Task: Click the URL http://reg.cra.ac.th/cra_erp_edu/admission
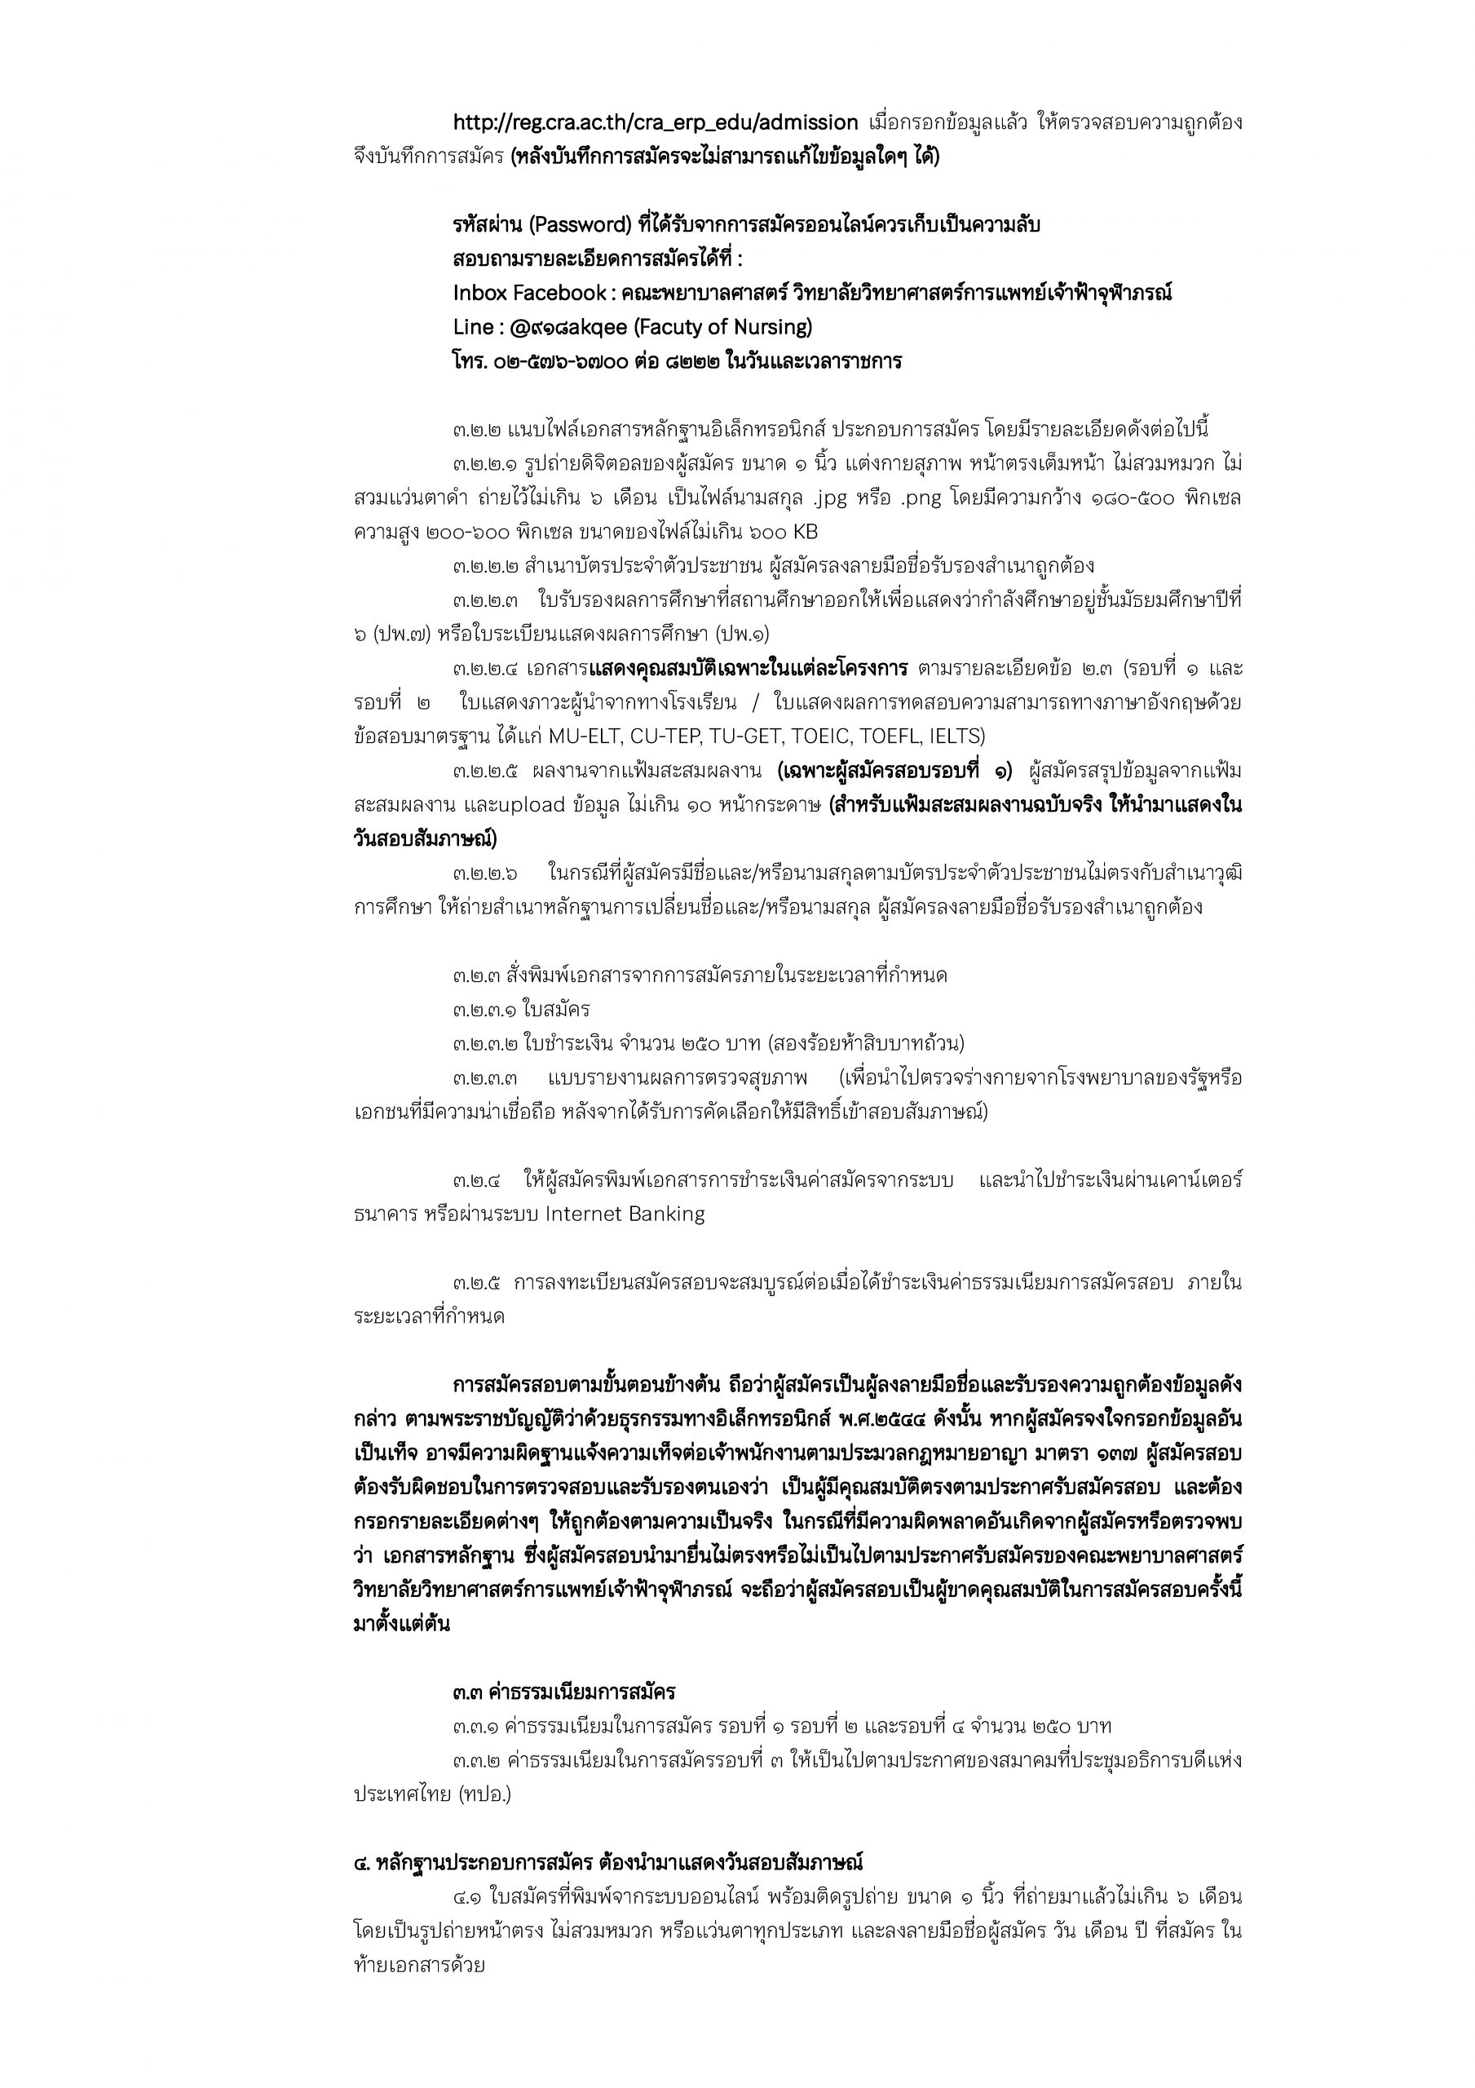pyautogui.click(x=655, y=123)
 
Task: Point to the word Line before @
pyautogui.click(x=472, y=326)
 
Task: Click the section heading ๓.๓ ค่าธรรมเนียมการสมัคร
pyautogui.click(x=563, y=1692)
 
